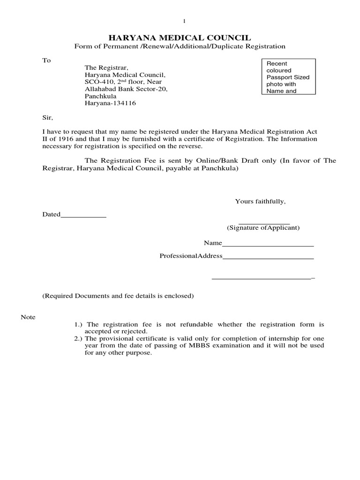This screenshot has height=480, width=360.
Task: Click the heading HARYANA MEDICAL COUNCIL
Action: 180,37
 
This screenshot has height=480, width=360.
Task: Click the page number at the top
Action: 184,21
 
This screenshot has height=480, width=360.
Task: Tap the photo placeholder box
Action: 288,77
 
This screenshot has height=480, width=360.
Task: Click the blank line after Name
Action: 267,244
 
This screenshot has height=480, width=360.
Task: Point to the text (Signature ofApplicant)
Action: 263,228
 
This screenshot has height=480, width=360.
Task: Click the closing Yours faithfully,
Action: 260,202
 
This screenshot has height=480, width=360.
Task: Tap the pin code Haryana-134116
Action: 110,103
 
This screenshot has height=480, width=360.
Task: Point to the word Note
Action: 28,317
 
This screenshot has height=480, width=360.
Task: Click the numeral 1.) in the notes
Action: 80,324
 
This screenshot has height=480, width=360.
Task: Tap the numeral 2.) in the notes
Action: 80,338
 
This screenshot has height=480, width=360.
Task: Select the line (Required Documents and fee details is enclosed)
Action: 118,296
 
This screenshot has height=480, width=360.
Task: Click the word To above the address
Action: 46,60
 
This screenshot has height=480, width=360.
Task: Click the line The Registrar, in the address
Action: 106,68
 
